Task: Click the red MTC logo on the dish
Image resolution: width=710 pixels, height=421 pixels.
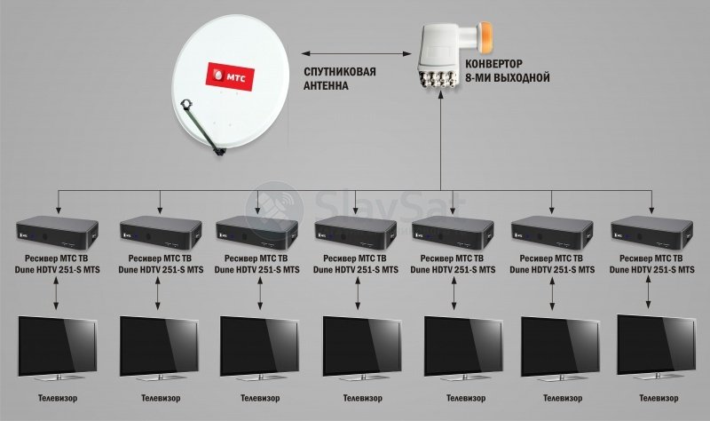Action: [230, 76]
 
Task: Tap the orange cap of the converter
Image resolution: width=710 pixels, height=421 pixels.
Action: [485, 36]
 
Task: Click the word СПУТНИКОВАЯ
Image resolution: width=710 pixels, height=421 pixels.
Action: [340, 72]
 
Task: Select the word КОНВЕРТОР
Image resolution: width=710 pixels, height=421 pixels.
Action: [493, 63]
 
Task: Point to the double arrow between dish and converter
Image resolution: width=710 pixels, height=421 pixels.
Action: [357, 53]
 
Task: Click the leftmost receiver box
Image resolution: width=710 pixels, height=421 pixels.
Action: [58, 233]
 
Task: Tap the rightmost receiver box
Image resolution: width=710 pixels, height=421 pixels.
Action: [652, 233]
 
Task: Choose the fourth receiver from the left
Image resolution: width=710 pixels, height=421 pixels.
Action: [356, 233]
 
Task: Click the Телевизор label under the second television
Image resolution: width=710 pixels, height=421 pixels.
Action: [161, 398]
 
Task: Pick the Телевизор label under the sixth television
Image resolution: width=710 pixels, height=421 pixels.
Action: [563, 398]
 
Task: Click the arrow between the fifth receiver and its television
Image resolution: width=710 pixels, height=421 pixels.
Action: [454, 294]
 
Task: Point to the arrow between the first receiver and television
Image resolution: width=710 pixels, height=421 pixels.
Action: [56, 294]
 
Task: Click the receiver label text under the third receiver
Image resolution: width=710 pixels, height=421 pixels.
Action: [256, 264]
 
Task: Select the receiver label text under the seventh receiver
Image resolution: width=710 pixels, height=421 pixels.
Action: [652, 264]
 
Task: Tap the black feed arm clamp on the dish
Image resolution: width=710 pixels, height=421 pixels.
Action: [186, 105]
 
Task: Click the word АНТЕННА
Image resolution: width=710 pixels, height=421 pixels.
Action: [326, 86]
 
